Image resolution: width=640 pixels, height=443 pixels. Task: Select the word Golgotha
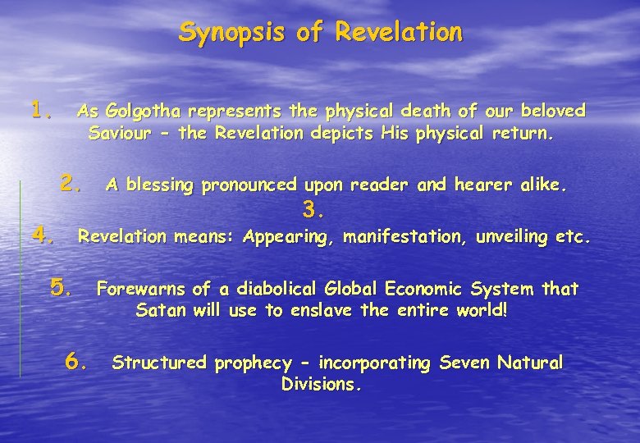coord(141,111)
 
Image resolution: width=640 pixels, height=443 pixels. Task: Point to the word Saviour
coord(119,133)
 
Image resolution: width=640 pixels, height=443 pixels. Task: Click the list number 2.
coord(72,182)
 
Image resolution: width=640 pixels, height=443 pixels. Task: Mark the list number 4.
coord(43,235)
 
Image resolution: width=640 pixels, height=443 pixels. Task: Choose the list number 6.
coord(76,360)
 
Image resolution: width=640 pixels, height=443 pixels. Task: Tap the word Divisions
coord(321,384)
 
